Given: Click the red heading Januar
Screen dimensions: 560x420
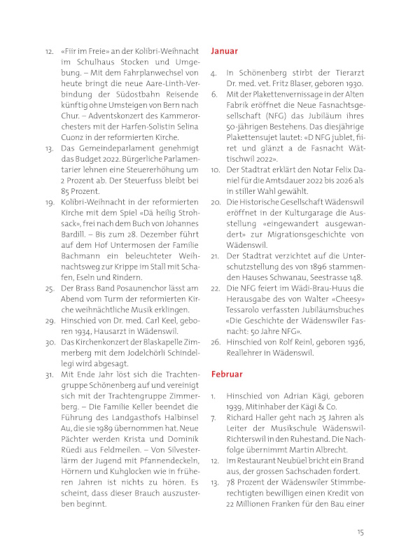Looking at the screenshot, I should click(224, 51).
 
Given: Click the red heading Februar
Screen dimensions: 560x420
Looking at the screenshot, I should click(227, 374).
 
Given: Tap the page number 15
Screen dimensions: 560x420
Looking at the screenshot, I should click(360, 532).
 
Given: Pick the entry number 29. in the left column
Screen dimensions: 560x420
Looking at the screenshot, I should click(50, 320).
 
